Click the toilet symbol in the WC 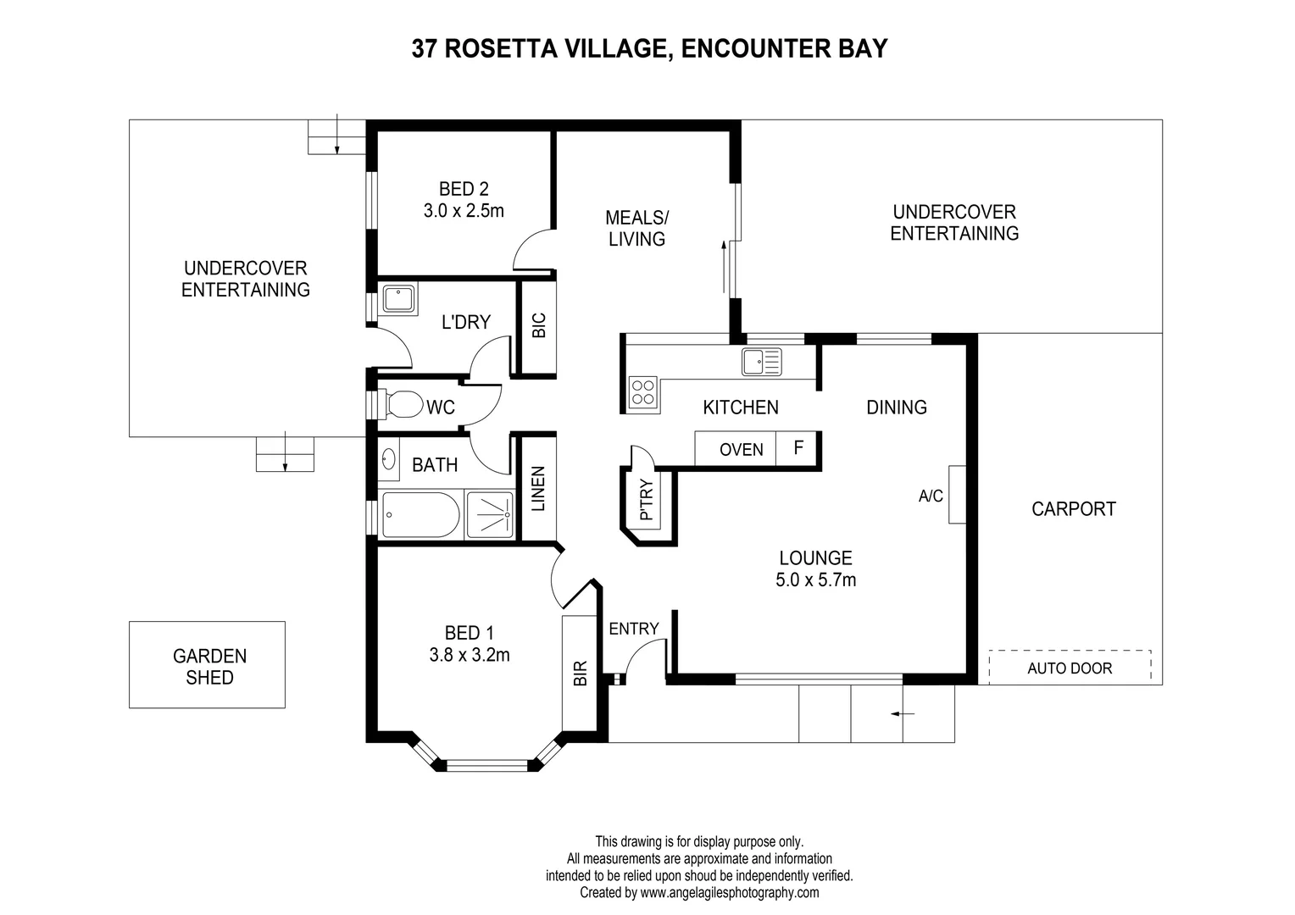[403, 404]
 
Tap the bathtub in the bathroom [420, 514]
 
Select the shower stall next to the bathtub [490, 514]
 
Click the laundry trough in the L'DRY [398, 300]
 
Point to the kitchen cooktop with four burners [643, 392]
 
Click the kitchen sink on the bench [761, 361]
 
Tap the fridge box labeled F [798, 448]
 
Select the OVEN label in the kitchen [741, 450]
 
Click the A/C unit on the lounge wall [957, 495]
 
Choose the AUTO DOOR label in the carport [1070, 668]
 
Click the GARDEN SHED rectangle [208, 665]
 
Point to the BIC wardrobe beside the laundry [538, 327]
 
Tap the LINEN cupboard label [537, 489]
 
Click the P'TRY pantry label [647, 501]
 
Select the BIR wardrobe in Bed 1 [581, 673]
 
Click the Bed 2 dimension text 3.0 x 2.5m [464, 211]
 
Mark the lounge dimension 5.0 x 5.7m [815, 580]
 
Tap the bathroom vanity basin [388, 460]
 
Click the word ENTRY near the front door [633, 629]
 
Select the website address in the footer [729, 892]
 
